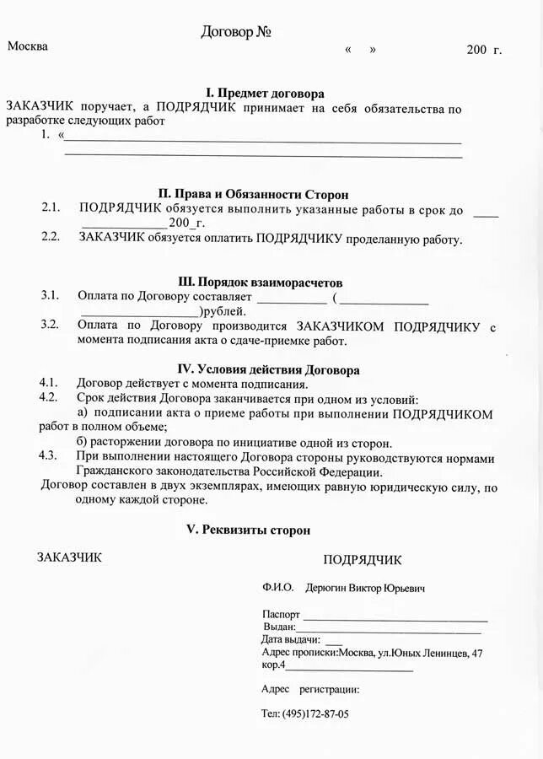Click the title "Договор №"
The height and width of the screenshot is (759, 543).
[236, 33]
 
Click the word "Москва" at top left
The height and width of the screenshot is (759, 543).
[28, 46]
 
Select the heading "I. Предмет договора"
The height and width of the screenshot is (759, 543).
[266, 93]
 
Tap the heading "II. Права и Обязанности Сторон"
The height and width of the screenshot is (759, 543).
[253, 194]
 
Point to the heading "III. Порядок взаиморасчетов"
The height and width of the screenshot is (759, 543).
[261, 282]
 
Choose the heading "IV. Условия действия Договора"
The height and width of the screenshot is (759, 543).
[268, 369]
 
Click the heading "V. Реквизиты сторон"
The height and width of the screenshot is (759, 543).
[248, 530]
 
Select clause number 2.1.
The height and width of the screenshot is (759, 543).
[51, 207]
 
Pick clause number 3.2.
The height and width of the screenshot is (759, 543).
[50, 324]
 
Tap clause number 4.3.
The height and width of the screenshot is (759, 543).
[48, 455]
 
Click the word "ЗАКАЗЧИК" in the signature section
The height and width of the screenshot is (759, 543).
[69, 557]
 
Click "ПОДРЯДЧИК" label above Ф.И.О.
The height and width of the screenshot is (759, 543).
[363, 560]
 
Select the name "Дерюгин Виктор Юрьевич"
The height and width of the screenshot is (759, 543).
[365, 588]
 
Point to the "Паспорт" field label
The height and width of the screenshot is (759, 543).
[281, 615]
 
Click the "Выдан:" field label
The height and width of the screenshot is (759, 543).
[279, 627]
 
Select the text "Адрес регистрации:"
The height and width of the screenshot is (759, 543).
[310, 689]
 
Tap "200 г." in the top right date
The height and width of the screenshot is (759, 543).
[484, 50]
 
